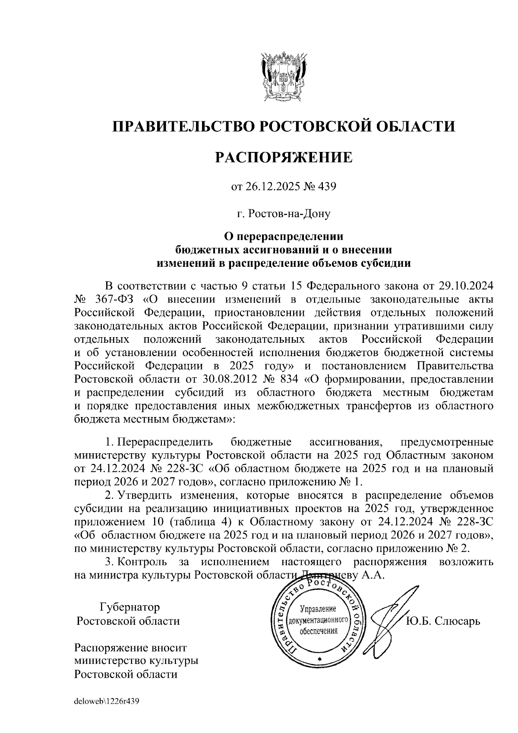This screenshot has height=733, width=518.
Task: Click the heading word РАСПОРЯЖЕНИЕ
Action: point(284,158)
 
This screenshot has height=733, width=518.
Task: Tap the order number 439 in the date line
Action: point(326,186)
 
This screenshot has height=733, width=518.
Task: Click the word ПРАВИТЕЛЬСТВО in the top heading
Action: point(182,126)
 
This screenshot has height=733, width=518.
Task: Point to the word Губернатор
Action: point(129,607)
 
